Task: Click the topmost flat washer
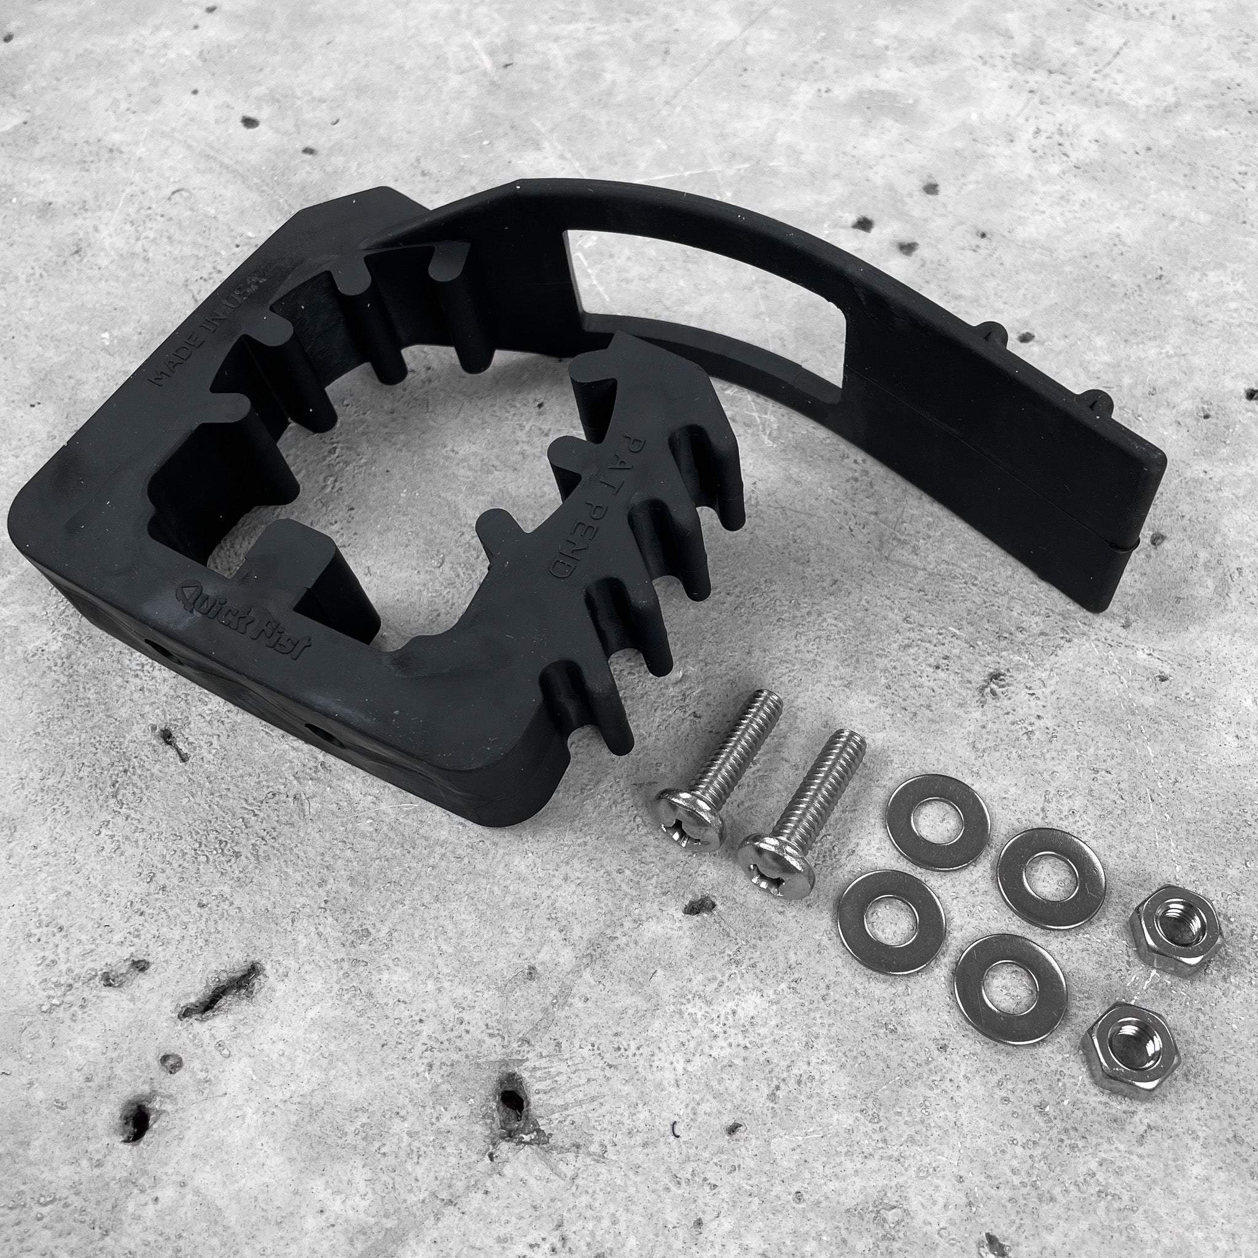point(937,822)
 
